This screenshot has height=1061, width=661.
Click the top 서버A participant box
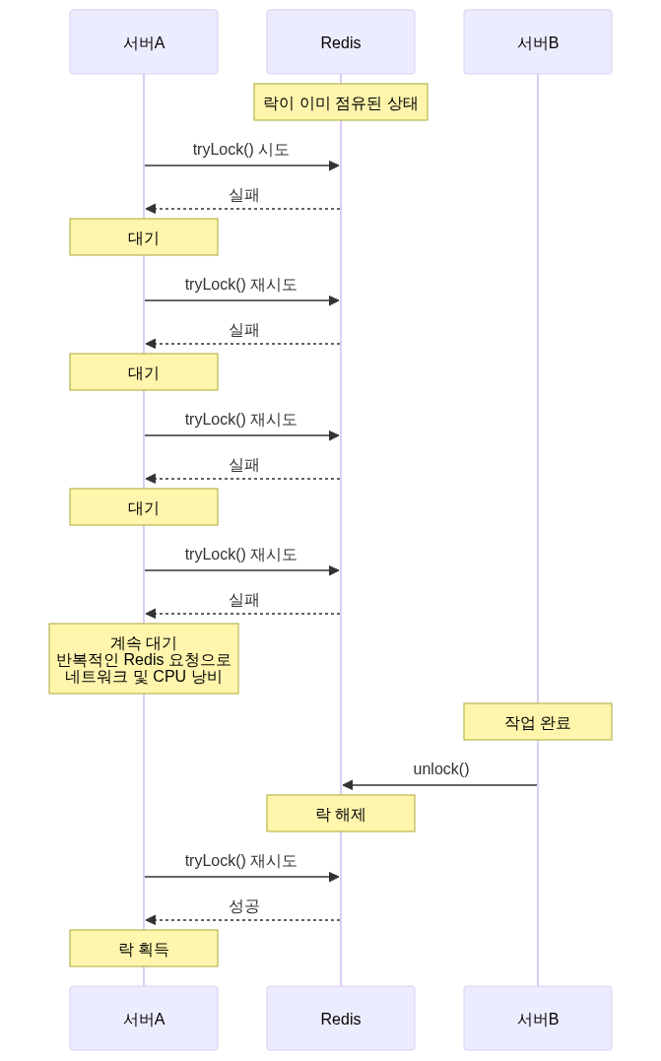tap(144, 42)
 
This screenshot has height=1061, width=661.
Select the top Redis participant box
tap(341, 42)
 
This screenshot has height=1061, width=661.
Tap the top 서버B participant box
tap(538, 42)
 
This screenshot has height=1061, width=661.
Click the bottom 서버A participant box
tap(144, 1019)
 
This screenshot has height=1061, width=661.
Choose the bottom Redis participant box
tap(341, 1019)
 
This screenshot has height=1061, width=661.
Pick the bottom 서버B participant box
tap(538, 1019)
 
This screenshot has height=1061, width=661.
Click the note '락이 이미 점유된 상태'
tap(341, 101)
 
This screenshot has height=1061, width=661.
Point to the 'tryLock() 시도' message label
tap(241, 150)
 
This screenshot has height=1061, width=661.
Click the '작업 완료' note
tap(538, 722)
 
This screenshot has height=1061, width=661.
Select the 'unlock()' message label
tap(440, 768)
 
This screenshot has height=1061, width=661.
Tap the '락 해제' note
tap(341, 815)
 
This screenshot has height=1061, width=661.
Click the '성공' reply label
tap(243, 905)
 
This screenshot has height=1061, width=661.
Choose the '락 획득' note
tap(144, 949)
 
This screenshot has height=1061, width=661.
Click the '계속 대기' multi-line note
tap(144, 659)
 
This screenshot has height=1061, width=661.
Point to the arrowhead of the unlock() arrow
tap(346, 785)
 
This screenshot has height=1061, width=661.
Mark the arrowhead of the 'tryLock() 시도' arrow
tap(335, 166)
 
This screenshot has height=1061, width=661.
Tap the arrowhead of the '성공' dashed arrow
tap(150, 920)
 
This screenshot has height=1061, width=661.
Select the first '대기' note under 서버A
tap(144, 237)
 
